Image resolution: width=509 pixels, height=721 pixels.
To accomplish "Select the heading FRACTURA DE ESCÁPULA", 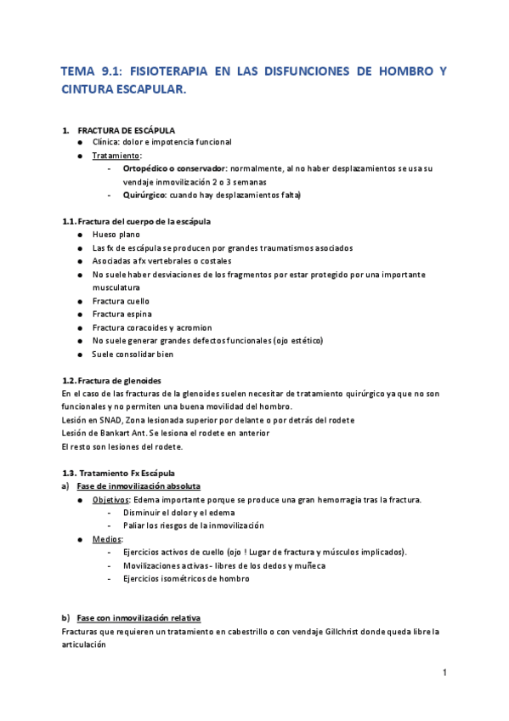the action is pos(127,130).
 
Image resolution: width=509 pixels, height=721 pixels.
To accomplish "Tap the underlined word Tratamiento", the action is pos(116,156).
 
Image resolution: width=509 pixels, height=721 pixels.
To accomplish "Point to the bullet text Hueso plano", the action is pos(116,235).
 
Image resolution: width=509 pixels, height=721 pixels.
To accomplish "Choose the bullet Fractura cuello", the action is pos(121,301).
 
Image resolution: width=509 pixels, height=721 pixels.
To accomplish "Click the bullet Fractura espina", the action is pos(120,315).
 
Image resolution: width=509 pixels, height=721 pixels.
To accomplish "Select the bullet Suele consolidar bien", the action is pos(133,354).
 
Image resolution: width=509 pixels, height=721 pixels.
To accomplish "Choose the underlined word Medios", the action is pos(107,539).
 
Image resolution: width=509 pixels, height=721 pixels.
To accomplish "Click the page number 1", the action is pos(444,673).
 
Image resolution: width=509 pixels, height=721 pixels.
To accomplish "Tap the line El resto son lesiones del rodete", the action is pos(122,446).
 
